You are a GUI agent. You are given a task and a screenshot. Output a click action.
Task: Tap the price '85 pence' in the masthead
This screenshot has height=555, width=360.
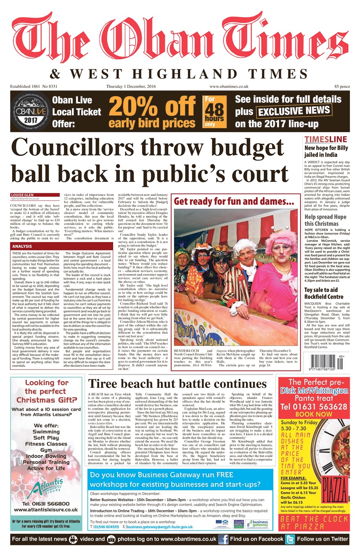point(340,87)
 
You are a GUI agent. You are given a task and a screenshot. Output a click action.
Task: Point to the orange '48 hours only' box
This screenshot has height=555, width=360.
point(216,111)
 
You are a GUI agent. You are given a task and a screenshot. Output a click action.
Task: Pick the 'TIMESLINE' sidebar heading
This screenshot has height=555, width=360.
point(325,139)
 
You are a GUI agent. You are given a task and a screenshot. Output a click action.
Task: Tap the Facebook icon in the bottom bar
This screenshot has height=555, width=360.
point(223,539)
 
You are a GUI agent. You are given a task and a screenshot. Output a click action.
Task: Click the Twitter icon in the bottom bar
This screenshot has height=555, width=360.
point(290,539)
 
